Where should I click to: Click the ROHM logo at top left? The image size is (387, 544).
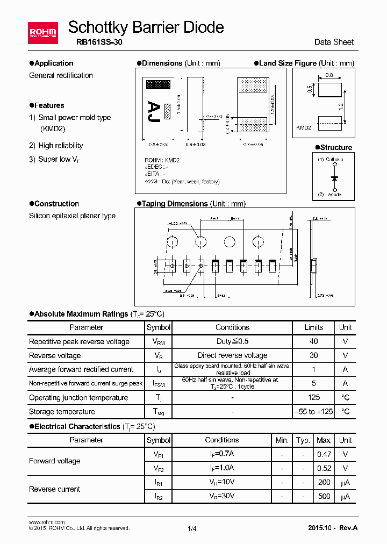(42, 32)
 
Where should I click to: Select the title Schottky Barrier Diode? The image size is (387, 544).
(146, 27)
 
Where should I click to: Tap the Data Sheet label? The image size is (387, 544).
(334, 42)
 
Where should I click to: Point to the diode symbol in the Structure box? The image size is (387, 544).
(335, 177)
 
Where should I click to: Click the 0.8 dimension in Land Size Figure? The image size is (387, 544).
(329, 75)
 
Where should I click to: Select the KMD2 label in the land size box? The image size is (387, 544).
(304, 127)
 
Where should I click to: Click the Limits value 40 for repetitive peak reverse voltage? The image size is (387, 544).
(313, 341)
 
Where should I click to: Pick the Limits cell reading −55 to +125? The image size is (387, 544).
(313, 411)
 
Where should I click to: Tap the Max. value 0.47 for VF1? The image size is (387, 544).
(324, 454)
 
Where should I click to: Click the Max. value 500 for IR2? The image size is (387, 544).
(324, 496)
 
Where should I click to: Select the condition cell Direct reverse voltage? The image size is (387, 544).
(232, 355)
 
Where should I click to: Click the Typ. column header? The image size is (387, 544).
(303, 440)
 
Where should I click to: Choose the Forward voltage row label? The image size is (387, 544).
(54, 461)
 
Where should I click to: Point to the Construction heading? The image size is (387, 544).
(56, 204)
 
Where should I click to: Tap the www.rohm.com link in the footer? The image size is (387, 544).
(46, 522)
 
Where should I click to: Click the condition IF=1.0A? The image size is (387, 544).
(222, 468)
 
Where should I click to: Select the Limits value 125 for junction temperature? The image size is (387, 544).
(313, 397)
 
